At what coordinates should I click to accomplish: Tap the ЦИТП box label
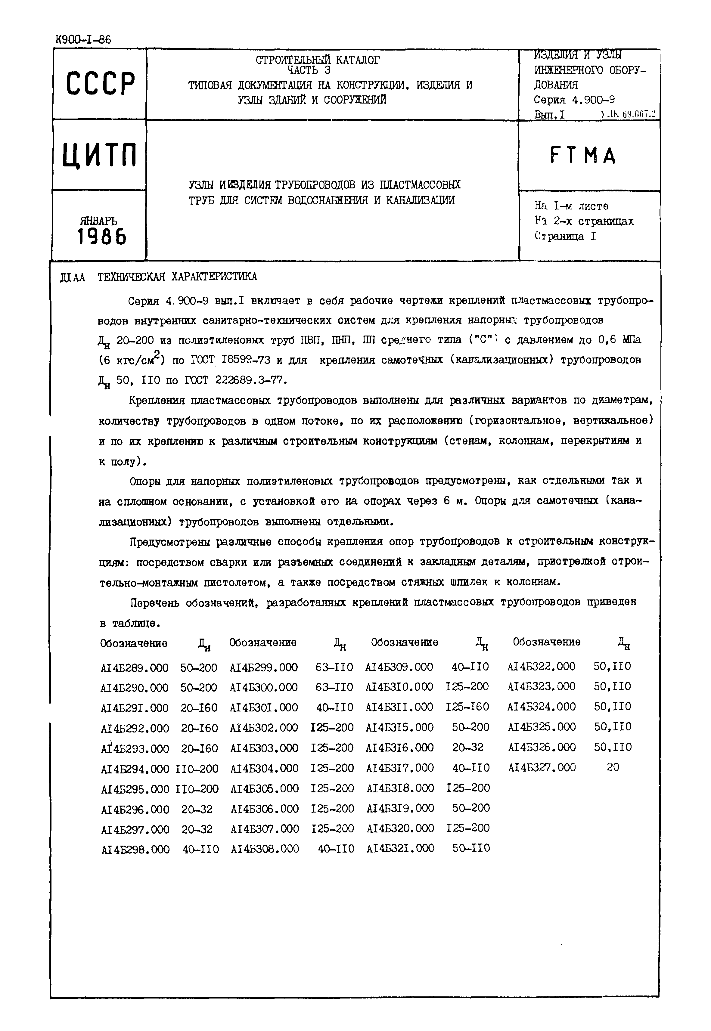100,155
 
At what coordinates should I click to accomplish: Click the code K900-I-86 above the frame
83,40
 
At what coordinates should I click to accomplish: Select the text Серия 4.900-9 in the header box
574,100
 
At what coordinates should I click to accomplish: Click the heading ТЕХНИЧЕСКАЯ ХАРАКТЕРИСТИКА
177,277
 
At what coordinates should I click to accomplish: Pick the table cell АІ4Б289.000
135,668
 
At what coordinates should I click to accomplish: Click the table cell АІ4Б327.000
542,767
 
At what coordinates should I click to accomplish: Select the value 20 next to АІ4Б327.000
613,767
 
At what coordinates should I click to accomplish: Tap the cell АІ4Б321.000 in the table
400,848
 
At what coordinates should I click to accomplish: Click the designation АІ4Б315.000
400,727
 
